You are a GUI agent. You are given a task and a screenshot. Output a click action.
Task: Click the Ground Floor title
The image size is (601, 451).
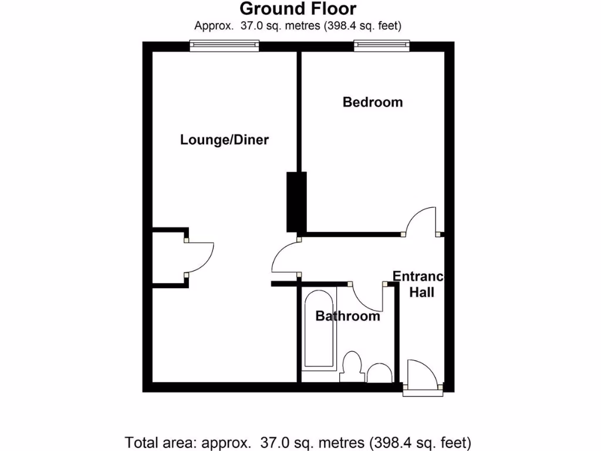(298, 9)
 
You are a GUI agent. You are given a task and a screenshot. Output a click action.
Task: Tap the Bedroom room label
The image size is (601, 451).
(373, 102)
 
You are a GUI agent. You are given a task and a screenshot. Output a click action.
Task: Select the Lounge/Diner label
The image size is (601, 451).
(224, 140)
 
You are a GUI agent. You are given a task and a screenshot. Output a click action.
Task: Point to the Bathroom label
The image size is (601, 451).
(347, 317)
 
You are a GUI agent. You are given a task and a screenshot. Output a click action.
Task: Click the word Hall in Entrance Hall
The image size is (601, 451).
(421, 292)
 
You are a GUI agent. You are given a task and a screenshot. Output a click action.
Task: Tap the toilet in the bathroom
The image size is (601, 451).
(352, 366)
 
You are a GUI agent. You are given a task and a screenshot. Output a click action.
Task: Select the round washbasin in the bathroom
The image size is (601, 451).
(380, 373)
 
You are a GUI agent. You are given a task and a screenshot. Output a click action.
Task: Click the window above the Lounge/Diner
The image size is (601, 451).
(224, 45)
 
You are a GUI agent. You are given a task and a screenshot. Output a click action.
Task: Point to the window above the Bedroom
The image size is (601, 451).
(381, 45)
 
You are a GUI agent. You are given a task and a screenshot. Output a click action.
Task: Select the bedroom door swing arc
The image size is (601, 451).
(421, 220)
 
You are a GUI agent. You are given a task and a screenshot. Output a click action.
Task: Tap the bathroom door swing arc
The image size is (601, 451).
(369, 298)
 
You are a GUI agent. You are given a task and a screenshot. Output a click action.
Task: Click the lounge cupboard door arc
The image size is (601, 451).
(201, 257)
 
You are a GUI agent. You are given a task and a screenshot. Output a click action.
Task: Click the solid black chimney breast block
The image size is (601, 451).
(296, 201)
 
